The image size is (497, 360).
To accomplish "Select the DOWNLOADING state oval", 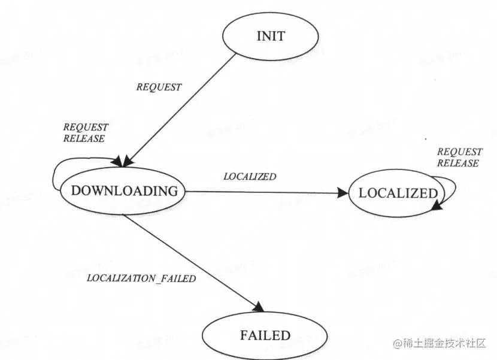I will [124, 192].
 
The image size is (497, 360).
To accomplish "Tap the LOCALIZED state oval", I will [398, 193].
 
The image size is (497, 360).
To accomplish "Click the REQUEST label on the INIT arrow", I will [159, 87].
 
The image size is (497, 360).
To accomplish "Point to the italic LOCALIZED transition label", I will [250, 177].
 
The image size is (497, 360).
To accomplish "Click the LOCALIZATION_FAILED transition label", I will [142, 278].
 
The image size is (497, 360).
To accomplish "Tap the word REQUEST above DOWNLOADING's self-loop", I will [86, 128].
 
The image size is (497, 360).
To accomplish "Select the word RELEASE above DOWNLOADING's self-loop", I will [84, 139].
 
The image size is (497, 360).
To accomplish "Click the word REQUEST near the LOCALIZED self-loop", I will [459, 152].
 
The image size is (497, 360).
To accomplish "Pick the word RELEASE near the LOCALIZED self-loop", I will [457, 164].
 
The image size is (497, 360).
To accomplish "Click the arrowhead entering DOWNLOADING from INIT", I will [123, 161].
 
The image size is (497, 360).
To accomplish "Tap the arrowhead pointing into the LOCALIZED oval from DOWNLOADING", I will [343, 193].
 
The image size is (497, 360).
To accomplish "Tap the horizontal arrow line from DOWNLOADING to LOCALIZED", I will [263, 193].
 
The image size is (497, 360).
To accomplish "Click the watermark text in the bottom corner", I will [442, 343].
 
